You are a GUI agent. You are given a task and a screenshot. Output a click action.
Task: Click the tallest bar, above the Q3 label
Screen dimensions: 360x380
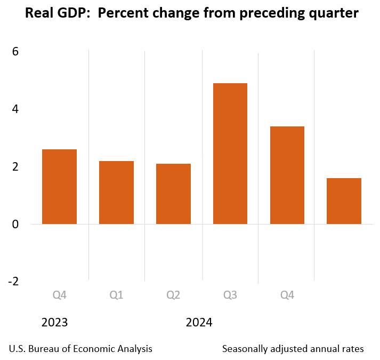(x=230, y=154)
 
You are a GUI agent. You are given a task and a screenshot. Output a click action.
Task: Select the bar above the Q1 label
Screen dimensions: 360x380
(x=116, y=192)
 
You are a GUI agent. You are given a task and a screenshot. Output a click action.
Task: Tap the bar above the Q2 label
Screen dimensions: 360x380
(x=173, y=194)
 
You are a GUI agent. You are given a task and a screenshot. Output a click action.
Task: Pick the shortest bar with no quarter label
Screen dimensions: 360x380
(x=344, y=201)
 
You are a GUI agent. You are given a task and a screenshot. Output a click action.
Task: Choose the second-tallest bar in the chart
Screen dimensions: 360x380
(x=287, y=175)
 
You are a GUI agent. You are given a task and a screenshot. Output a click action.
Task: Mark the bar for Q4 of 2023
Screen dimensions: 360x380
(x=59, y=187)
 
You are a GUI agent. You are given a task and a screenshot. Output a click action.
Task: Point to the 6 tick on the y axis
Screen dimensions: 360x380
(x=15, y=52)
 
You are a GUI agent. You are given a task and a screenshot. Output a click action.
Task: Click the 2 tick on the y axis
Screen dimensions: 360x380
(x=15, y=166)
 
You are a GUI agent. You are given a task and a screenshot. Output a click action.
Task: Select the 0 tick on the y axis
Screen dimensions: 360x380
(x=15, y=224)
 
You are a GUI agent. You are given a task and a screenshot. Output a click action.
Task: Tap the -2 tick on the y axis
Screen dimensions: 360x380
(x=13, y=281)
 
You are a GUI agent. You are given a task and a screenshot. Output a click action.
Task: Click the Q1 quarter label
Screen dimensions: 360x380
(x=116, y=295)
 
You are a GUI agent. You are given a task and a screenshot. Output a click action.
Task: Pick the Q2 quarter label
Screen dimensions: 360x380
(x=173, y=295)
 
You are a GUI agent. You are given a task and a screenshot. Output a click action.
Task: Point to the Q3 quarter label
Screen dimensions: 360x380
(x=230, y=295)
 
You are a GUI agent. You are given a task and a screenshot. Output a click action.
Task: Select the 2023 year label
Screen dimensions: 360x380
(x=54, y=323)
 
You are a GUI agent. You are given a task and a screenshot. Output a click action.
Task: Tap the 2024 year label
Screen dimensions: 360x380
(x=199, y=323)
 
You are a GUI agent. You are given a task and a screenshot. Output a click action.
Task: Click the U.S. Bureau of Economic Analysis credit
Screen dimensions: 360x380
(x=80, y=349)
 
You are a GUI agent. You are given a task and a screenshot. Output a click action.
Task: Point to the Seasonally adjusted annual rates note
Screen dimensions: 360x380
(x=293, y=349)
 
